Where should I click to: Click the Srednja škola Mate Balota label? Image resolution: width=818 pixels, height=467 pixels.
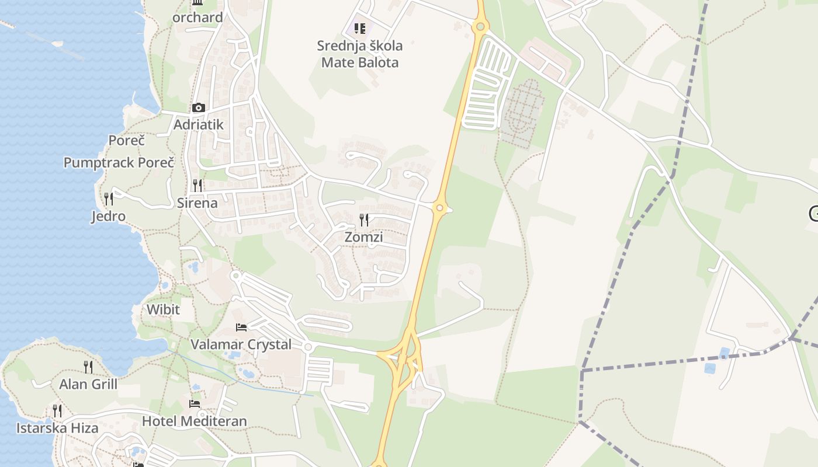(x=360, y=54)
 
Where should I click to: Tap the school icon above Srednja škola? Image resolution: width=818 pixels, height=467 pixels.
(x=360, y=28)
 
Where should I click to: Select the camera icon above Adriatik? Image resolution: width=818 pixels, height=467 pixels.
(x=199, y=107)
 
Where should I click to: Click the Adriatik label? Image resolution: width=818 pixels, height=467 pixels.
(x=199, y=124)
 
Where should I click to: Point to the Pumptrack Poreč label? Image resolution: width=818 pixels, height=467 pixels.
(x=119, y=163)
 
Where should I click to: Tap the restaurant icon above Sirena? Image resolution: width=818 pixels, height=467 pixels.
(x=197, y=186)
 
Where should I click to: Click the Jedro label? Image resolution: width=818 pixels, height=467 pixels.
(x=109, y=217)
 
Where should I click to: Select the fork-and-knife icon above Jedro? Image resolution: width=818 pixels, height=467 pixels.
(x=109, y=199)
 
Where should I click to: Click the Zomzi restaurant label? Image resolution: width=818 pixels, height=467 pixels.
(x=363, y=237)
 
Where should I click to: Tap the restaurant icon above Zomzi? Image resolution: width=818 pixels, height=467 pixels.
(x=364, y=220)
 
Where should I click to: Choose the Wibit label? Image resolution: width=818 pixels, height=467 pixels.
(x=163, y=309)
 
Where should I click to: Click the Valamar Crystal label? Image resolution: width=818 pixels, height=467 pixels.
(x=241, y=344)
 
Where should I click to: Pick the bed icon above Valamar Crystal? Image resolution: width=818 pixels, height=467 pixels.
(x=241, y=327)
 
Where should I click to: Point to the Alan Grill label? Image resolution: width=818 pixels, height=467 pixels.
(x=88, y=384)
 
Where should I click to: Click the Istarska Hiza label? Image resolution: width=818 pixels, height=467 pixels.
(x=57, y=428)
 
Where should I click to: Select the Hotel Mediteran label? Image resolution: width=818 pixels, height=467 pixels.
(x=195, y=421)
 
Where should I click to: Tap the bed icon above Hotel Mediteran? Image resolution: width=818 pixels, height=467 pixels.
(x=195, y=404)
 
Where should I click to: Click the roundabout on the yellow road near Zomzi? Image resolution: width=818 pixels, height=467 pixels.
(x=440, y=207)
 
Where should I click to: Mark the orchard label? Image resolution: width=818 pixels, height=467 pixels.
(x=197, y=18)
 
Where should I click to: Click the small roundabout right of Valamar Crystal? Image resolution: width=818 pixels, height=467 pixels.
(x=308, y=347)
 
